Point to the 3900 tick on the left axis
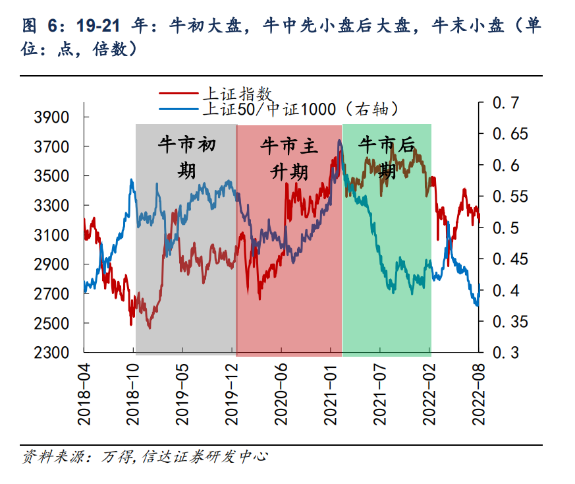[x=51, y=117]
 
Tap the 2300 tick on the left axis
[x=51, y=353]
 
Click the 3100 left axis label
[x=51, y=235]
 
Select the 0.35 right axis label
[x=509, y=322]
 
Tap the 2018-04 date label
[x=84, y=394]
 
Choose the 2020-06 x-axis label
[x=282, y=394]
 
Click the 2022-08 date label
[x=479, y=394]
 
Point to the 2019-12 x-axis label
[x=233, y=394]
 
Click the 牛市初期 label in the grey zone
[x=187, y=158]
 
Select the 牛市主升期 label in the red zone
[x=289, y=158]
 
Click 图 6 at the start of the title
[x=40, y=26]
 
